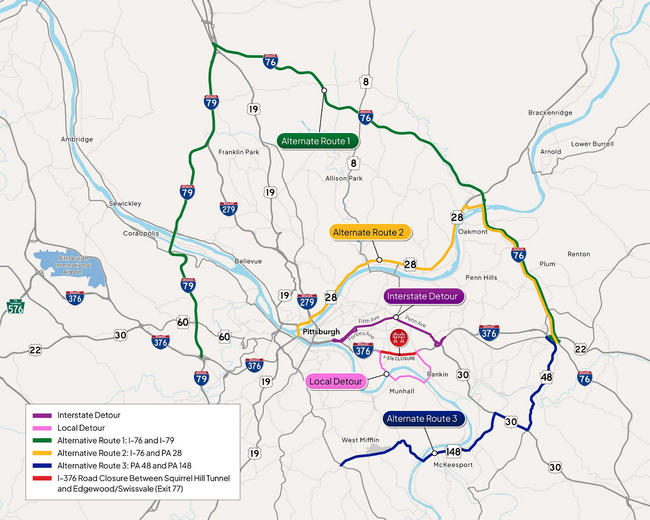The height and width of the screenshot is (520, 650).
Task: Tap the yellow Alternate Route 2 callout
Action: click(369, 233)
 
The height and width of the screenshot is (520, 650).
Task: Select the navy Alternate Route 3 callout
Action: click(422, 419)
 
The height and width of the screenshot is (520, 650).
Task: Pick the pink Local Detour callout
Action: click(336, 381)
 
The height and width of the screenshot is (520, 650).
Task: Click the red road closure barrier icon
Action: click(399, 338)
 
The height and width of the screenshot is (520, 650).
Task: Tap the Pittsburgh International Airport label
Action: click(73, 265)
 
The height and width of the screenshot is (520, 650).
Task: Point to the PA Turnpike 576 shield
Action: click(15, 307)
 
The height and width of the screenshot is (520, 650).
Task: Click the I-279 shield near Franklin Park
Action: click(229, 208)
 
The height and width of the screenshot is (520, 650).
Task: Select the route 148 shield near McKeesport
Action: click(453, 451)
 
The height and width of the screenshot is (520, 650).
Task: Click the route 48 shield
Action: click(546, 377)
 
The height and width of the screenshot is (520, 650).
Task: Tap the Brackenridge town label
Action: click(550, 113)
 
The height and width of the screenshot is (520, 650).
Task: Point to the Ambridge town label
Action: click(77, 139)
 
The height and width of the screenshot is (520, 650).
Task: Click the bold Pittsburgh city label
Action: click(321, 332)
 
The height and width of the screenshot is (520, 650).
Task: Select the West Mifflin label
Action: click(360, 440)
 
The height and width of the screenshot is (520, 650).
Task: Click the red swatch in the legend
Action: click(42, 478)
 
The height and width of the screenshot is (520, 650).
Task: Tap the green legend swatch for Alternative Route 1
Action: click(42, 440)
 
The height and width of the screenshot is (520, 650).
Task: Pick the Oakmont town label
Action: click(473, 232)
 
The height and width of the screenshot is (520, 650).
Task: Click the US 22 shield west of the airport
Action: click(35, 350)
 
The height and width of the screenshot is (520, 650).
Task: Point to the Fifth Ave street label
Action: click(369, 320)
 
